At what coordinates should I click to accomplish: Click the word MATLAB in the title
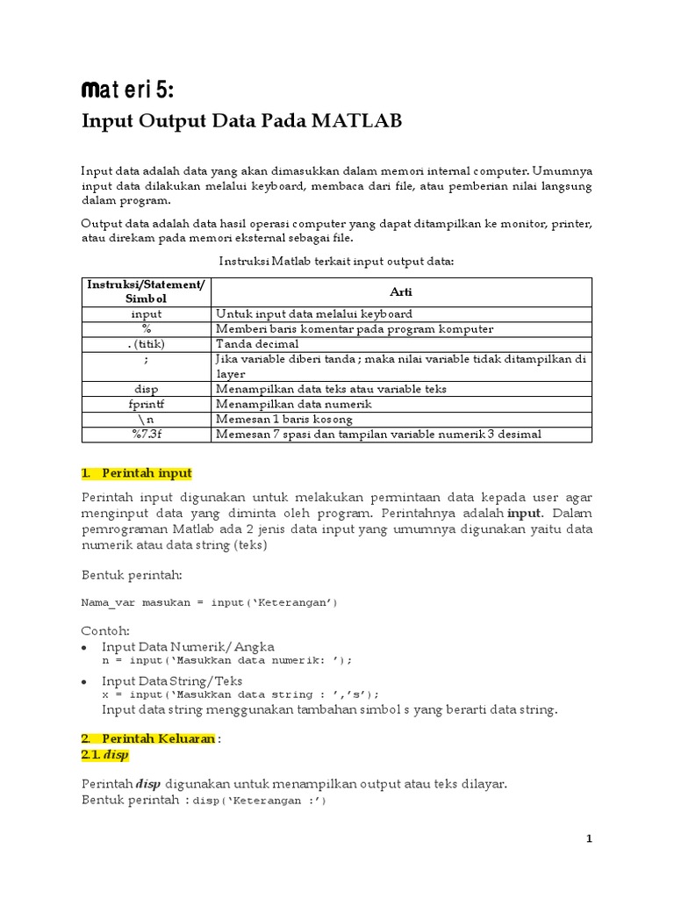[x=355, y=121]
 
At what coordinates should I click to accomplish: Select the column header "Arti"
[x=403, y=292]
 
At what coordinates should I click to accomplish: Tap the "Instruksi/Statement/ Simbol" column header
[x=147, y=292]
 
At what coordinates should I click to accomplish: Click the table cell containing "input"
[x=147, y=313]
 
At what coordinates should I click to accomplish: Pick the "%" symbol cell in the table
[x=147, y=328]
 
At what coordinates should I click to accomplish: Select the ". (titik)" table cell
[x=147, y=343]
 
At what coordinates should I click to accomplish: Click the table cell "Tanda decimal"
[x=257, y=343]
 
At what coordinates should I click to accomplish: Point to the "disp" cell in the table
[x=147, y=389]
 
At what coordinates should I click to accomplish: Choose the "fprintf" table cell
[x=147, y=404]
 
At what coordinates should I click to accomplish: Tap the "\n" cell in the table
[x=147, y=419]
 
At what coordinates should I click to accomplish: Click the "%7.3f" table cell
[x=147, y=434]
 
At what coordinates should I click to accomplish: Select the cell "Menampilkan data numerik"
[x=294, y=404]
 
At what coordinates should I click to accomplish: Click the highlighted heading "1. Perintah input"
[x=136, y=473]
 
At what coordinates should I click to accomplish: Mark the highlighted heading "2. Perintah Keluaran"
[x=147, y=738]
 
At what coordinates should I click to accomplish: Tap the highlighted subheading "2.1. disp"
[x=104, y=754]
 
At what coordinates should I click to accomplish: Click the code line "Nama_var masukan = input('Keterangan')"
[x=209, y=602]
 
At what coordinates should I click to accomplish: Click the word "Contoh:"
[x=105, y=630]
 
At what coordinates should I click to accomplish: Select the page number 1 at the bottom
[x=590, y=839]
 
